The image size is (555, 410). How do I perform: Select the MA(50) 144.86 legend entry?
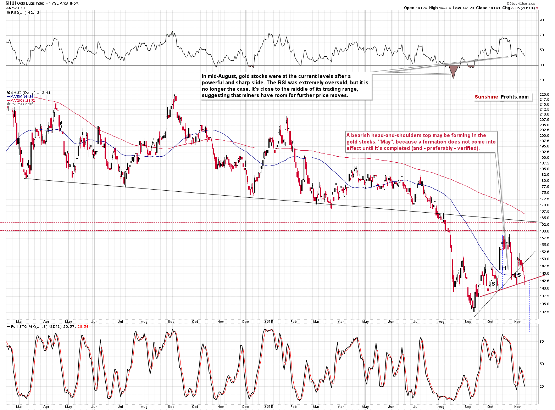point(22,97)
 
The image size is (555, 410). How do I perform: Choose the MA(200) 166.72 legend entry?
point(22,101)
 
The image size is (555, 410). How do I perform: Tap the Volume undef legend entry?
point(21,104)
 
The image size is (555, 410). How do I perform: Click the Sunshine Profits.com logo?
point(503,97)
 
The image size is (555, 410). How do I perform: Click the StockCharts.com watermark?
point(524,3)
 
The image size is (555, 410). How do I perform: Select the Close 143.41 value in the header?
point(488,8)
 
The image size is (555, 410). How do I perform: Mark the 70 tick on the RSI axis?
point(542,35)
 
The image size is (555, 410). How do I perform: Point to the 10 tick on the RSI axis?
point(542,80)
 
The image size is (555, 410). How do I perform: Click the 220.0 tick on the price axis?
point(544,95)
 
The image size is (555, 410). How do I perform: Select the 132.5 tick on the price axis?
point(544,312)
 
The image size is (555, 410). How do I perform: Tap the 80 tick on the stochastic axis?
point(542,342)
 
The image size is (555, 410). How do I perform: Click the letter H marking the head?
point(504,268)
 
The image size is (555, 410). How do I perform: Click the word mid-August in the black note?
point(222,76)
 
